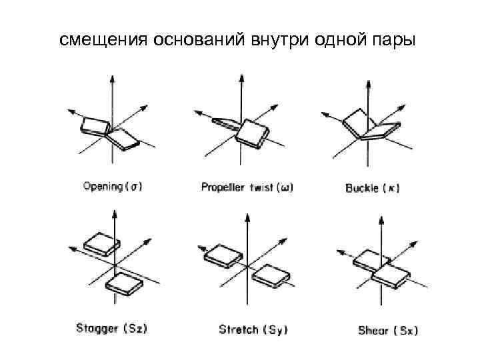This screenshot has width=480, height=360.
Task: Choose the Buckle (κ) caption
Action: coord(372,188)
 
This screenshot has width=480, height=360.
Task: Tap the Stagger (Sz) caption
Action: coord(111,328)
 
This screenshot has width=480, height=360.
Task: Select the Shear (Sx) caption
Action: coord(387,330)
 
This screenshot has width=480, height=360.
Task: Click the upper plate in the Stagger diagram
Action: coord(99,244)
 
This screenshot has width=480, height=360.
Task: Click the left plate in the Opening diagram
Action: coord(94,125)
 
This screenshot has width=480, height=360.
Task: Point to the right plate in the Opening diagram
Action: coord(123,138)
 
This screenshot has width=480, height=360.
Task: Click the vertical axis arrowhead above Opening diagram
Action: coord(112,78)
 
